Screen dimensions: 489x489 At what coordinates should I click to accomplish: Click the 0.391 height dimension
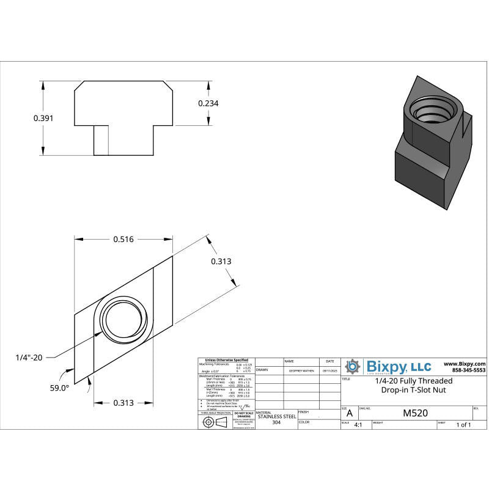(43, 118)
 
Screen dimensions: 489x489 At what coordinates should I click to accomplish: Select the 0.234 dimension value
(208, 103)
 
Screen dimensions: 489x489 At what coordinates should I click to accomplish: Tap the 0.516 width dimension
(123, 240)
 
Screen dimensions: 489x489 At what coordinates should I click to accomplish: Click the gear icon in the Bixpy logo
(353, 367)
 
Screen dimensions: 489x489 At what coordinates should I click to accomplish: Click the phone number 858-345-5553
(468, 370)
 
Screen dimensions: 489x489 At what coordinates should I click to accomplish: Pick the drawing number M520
(416, 413)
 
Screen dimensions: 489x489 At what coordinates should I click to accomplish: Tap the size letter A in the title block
(350, 414)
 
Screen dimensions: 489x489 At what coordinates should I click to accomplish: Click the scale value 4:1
(358, 425)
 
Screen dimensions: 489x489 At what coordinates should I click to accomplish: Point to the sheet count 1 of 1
(463, 425)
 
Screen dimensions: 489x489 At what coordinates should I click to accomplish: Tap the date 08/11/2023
(329, 370)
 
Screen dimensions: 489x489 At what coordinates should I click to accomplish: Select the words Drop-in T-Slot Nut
(413, 389)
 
